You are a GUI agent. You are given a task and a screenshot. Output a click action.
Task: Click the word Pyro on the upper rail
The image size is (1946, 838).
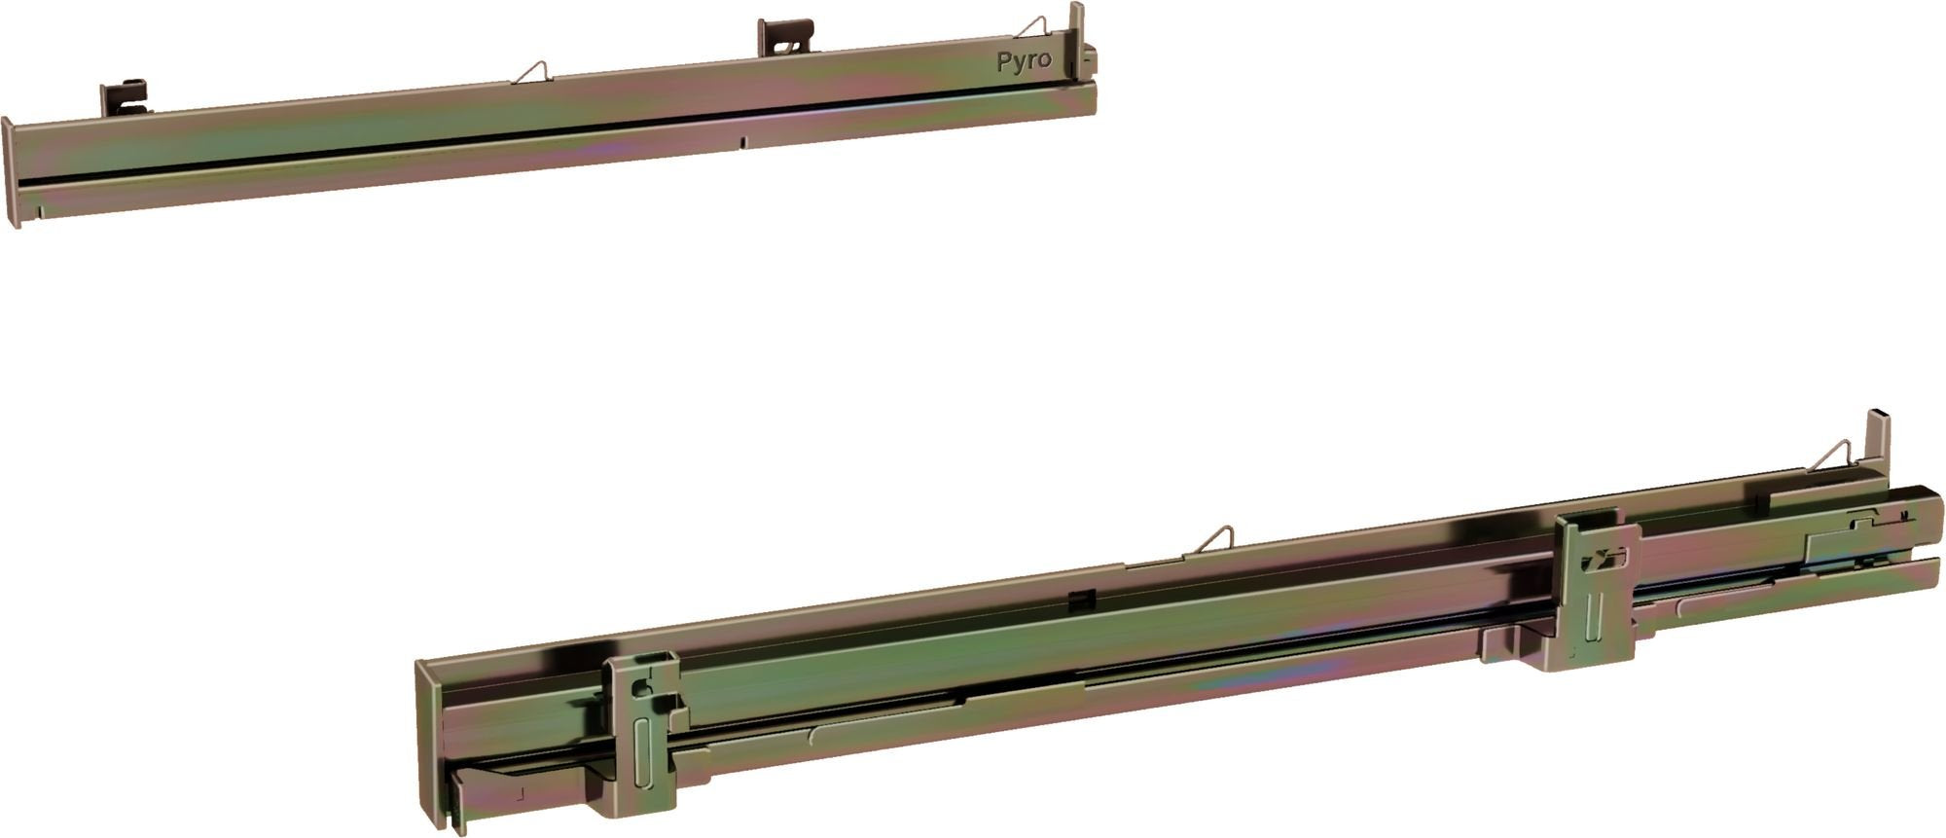click(x=1024, y=60)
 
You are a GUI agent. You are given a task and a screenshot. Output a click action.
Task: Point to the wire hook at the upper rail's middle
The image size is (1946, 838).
click(x=531, y=70)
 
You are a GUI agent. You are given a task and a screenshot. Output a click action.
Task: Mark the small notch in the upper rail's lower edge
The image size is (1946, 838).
click(x=742, y=142)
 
